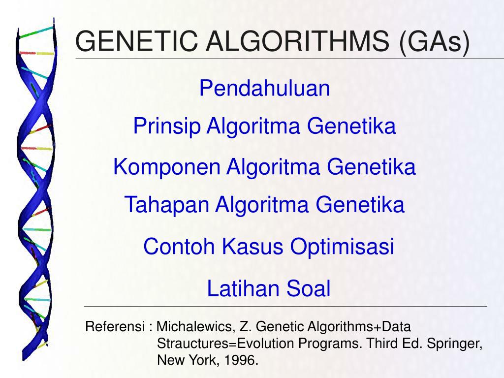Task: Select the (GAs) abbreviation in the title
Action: (x=435, y=41)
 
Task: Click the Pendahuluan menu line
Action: (x=264, y=89)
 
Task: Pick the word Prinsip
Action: (x=167, y=127)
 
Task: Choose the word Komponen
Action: (x=167, y=167)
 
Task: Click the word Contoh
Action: (x=179, y=247)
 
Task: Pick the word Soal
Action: (x=309, y=288)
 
